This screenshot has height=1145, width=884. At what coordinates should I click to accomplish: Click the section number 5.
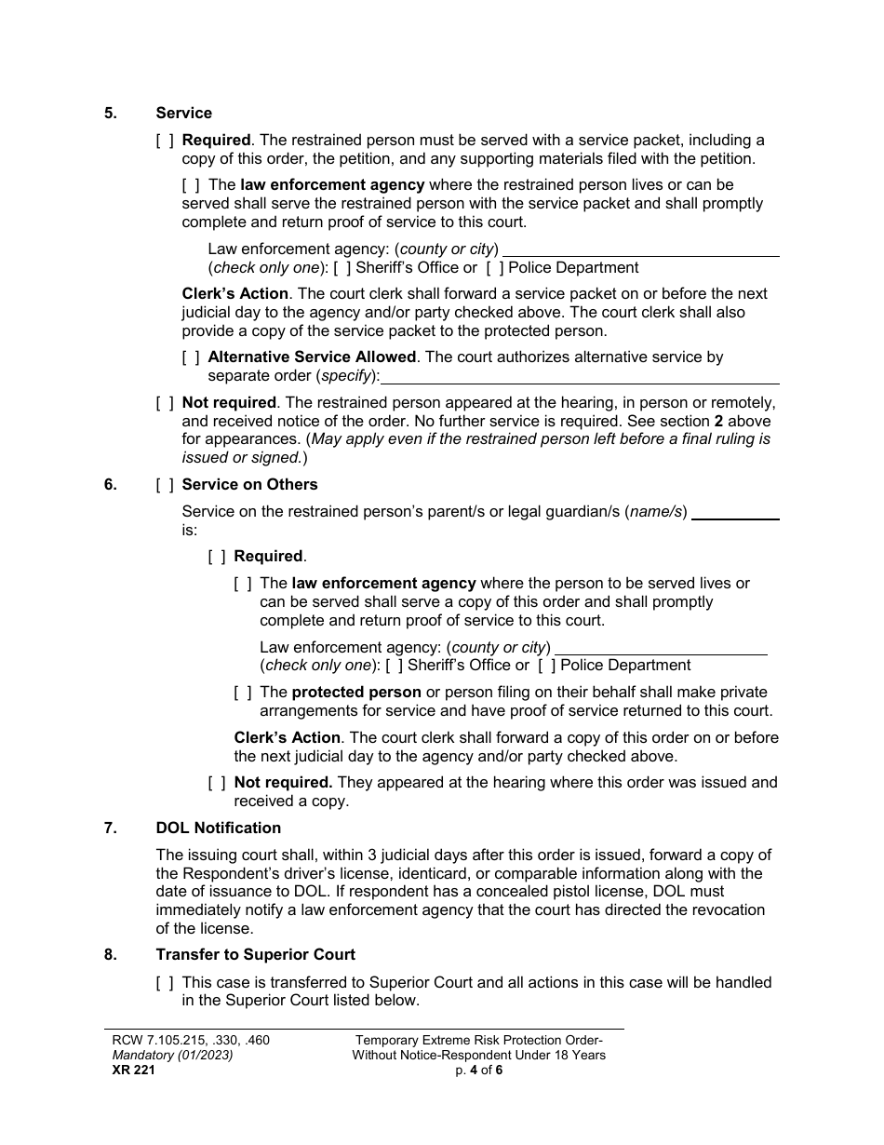[x=111, y=113]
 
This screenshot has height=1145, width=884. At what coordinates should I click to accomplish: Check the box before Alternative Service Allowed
[x=190, y=357]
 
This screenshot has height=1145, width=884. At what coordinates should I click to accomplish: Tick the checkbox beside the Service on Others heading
[x=165, y=485]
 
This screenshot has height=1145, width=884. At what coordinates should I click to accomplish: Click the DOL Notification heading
[x=218, y=828]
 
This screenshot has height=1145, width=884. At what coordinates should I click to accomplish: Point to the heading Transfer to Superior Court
[x=255, y=954]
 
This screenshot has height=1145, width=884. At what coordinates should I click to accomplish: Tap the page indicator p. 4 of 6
[x=478, y=1070]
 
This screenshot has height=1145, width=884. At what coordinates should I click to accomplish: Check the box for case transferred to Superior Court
[x=165, y=982]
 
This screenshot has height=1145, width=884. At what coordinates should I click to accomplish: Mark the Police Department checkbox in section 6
[x=547, y=666]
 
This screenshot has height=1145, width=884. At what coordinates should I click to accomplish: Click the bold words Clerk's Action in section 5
[x=234, y=294]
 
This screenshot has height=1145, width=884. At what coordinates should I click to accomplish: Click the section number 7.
[x=111, y=828]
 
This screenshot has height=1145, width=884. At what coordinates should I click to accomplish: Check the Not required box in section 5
[x=165, y=403]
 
